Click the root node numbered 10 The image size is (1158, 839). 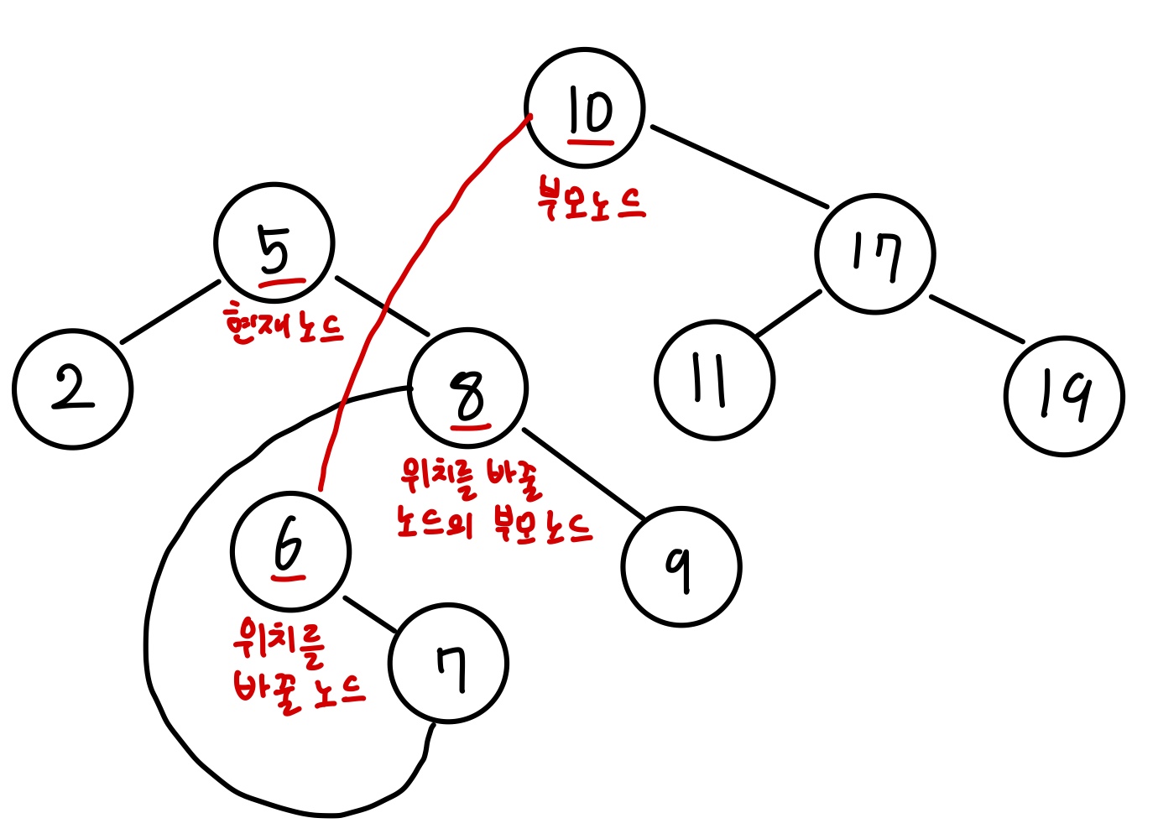585,109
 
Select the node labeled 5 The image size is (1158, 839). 274,243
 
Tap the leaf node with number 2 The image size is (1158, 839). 73,389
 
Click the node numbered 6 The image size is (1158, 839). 290,550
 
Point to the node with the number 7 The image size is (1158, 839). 448,663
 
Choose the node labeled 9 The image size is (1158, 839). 681,567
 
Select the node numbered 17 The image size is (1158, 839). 875,253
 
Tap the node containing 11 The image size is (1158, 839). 714,380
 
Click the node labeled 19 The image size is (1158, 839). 1064,396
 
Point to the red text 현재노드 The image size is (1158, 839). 284,326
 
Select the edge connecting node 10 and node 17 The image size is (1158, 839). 738,165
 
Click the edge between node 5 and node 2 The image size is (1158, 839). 170,312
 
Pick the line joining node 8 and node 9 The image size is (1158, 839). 582,473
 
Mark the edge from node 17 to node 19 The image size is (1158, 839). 976,319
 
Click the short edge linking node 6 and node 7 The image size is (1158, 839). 369,614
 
